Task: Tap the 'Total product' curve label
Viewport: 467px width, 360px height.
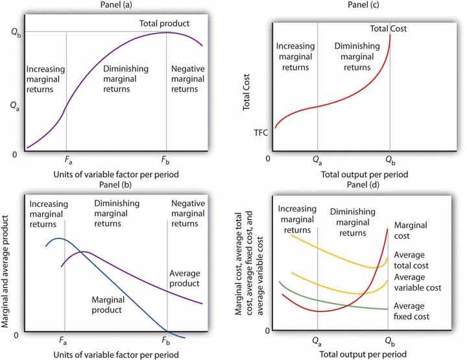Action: tap(163, 23)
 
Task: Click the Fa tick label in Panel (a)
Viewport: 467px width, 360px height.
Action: tap(67, 158)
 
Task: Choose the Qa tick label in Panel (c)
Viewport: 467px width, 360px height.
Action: tap(317, 159)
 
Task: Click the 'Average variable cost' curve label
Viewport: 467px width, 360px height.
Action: tap(418, 282)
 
